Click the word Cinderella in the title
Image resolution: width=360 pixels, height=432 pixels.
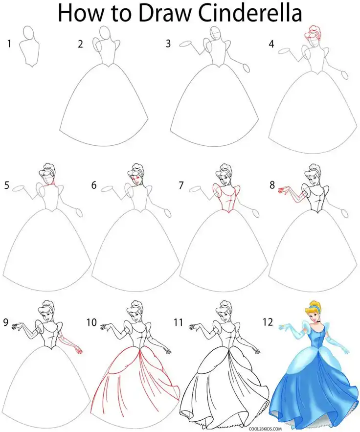pos(247,14)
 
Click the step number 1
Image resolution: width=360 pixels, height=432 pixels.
pos(9,45)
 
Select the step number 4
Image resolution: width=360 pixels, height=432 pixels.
pos(271,45)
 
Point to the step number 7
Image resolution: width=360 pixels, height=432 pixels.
pos(181,185)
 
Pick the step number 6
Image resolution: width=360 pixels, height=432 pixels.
pos(93,185)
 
